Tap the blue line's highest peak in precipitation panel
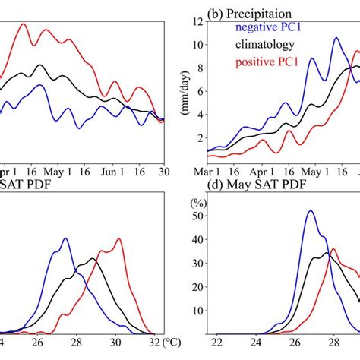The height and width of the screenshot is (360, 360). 336,39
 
